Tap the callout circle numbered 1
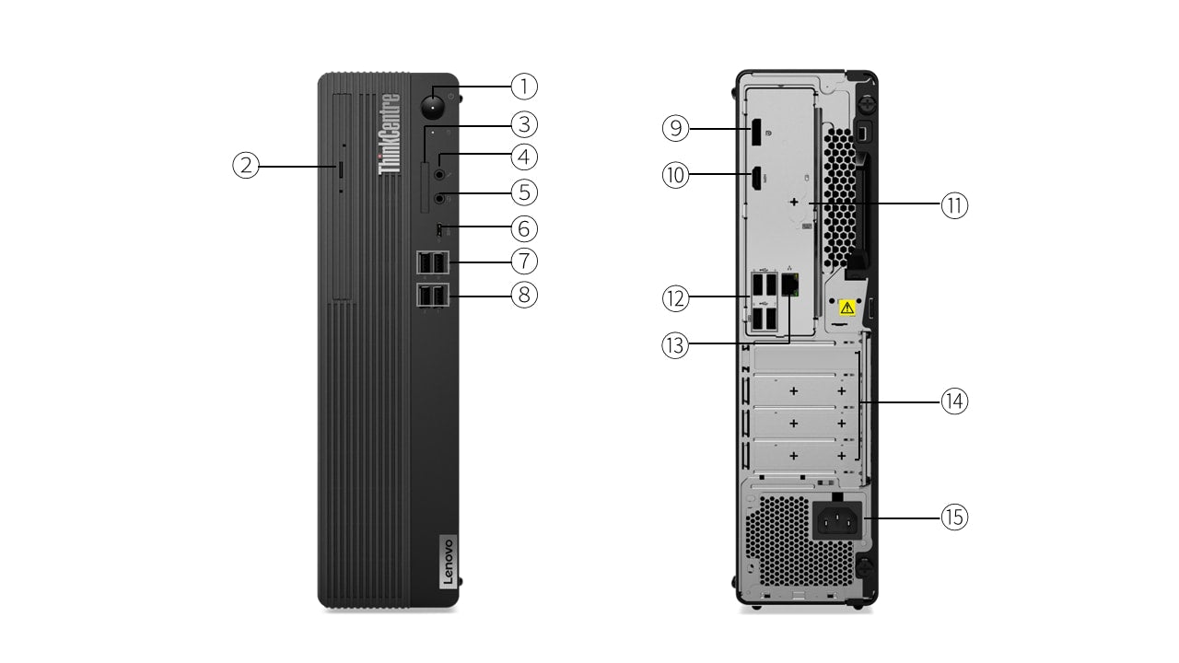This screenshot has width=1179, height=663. [x=523, y=87]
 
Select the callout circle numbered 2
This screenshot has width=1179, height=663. [x=245, y=166]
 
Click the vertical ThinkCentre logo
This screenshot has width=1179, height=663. [x=391, y=134]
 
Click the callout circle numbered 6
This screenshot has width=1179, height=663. [x=523, y=227]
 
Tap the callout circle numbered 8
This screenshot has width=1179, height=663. [x=523, y=295]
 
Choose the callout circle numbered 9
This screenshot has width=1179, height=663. [x=676, y=128]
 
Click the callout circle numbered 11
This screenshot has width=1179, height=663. [x=954, y=204]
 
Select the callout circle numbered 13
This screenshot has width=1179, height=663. [x=676, y=345]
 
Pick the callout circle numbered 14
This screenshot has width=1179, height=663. [x=954, y=401]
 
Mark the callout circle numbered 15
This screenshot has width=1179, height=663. [x=954, y=518]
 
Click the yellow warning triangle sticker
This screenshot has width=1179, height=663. [x=846, y=307]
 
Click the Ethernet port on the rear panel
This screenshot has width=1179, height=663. [x=790, y=285]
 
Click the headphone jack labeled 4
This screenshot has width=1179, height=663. [x=440, y=171]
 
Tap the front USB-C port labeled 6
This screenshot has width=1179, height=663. [x=440, y=227]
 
